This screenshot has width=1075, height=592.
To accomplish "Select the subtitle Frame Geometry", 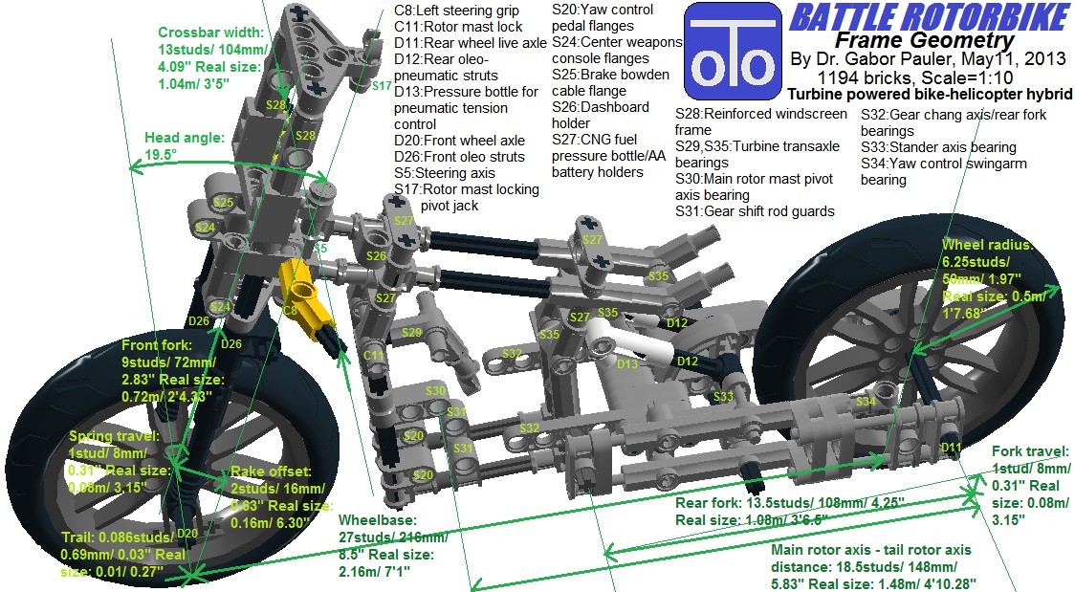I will [x=923, y=40].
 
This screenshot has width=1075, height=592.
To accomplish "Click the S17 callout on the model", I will [x=382, y=86].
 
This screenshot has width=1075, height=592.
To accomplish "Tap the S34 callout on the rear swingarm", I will [x=866, y=402].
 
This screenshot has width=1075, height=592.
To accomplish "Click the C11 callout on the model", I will [x=373, y=355].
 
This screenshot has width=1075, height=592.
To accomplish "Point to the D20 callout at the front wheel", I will [x=186, y=534].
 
